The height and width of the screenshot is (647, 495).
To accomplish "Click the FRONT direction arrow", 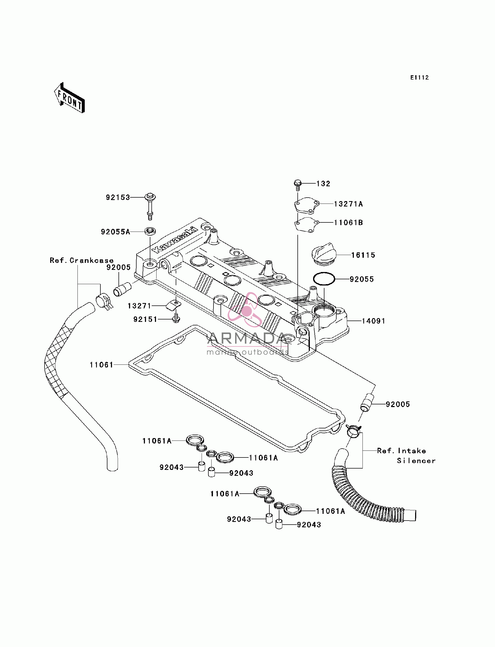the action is click(70, 98).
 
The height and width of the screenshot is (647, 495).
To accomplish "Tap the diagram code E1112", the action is click(420, 78).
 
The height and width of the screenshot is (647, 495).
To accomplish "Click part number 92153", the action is click(118, 197).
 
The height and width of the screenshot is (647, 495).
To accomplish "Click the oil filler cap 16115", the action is click(323, 254).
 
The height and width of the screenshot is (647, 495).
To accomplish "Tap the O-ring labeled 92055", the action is click(324, 279).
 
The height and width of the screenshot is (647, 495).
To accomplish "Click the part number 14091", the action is click(373, 321).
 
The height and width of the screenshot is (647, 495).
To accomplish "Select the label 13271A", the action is click(348, 204).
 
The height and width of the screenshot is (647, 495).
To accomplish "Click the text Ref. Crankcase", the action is click(82, 260).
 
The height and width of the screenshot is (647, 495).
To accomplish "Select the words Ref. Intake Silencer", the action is click(406, 456).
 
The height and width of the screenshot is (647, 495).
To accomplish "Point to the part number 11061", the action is click(101, 365).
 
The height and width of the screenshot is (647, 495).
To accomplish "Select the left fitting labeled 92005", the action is click(122, 289).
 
